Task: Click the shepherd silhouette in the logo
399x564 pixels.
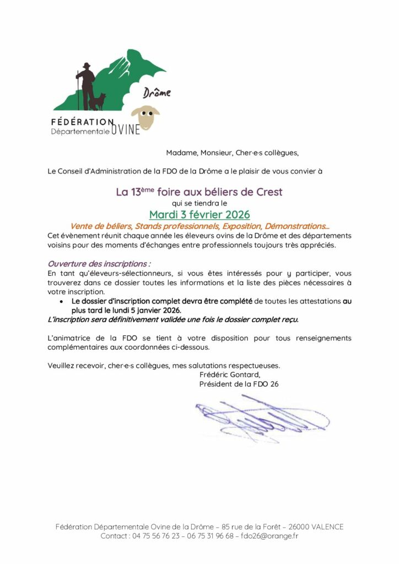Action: click(86, 85)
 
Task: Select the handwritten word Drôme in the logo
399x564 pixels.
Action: click(157, 93)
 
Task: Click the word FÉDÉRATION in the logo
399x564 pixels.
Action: click(83, 122)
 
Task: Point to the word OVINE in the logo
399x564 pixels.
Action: click(126, 129)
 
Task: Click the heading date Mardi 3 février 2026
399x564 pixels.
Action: click(199, 214)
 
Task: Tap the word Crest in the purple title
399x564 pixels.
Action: click(269, 192)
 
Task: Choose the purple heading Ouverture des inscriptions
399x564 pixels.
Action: click(99, 264)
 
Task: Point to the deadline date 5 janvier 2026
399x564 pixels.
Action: click(151, 310)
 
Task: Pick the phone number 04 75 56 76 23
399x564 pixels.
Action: click(157, 535)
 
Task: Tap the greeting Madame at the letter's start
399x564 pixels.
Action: click(182, 153)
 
